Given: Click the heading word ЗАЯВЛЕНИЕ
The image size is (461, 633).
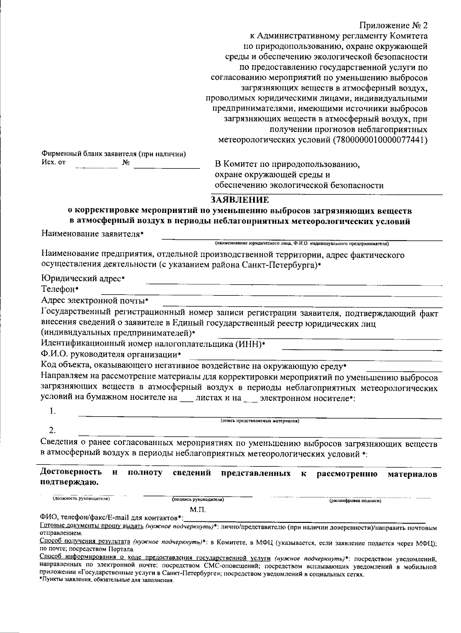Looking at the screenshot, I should [x=240, y=200].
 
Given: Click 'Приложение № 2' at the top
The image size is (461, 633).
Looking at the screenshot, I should [x=393, y=26].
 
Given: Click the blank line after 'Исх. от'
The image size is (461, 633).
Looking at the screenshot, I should [x=96, y=168].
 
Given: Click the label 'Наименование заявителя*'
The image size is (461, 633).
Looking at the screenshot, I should [x=92, y=234].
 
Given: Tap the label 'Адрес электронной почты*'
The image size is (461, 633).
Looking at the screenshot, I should [x=95, y=300].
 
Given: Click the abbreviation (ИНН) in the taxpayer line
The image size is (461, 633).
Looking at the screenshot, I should [x=249, y=343].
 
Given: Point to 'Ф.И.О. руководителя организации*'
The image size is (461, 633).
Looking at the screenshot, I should [x=111, y=354].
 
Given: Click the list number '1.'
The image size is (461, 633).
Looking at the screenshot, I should [x=53, y=412].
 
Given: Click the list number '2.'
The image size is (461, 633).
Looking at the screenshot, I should [x=53, y=430].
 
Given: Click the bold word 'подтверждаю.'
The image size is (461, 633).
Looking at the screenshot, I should [x=69, y=483].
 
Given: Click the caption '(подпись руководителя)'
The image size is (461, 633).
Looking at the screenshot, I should [x=198, y=499].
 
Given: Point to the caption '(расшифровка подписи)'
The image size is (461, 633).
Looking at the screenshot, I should [x=355, y=501].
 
